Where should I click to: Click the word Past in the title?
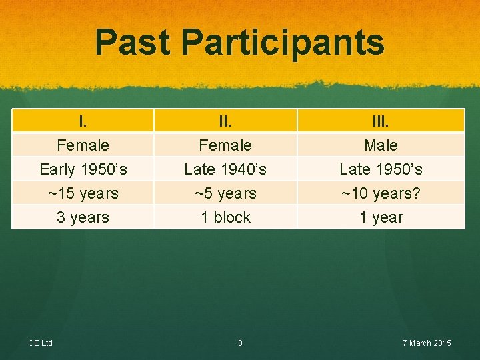(x=133, y=43)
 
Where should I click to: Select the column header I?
(x=83, y=121)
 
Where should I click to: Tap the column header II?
(x=225, y=121)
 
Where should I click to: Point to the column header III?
(x=381, y=121)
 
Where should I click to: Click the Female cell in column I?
(x=83, y=145)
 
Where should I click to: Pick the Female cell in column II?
(x=225, y=145)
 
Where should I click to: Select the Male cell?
(x=381, y=145)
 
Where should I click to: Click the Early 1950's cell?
(x=83, y=169)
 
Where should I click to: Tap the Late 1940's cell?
(x=225, y=169)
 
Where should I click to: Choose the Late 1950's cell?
(x=381, y=169)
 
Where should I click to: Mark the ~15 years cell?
(x=83, y=193)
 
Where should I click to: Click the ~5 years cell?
(x=225, y=193)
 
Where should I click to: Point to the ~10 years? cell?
(x=381, y=193)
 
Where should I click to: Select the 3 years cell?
(x=83, y=217)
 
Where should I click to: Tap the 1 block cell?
(x=225, y=217)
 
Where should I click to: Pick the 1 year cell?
(x=381, y=217)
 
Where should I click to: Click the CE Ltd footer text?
(x=40, y=343)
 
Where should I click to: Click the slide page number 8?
(x=240, y=343)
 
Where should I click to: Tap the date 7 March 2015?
(x=427, y=343)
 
